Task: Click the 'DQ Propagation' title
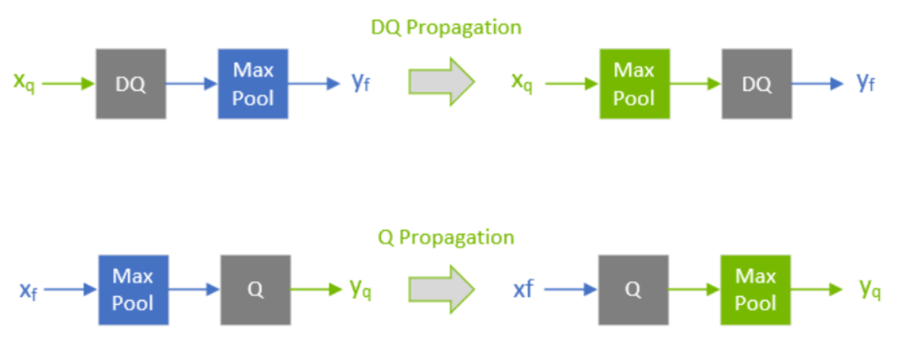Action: pos(446,27)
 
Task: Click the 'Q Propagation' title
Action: pos(446,237)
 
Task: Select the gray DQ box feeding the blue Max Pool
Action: pos(131,84)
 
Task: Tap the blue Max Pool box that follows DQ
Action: pos(253,84)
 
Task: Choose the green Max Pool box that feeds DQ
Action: pos(634,84)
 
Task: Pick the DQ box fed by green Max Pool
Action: pos(756,84)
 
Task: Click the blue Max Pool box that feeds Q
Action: pos(133,290)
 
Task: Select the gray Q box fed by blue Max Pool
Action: pos(255,290)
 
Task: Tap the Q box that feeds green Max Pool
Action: pos(633,290)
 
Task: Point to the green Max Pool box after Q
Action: pos(755,290)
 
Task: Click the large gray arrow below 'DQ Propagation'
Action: pos(441,82)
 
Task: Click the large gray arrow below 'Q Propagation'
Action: pos(441,289)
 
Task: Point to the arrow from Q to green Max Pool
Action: pos(694,289)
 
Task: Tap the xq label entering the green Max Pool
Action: pos(522,82)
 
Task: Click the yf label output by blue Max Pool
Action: pos(361,82)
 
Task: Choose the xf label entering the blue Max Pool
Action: pos(28,291)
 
